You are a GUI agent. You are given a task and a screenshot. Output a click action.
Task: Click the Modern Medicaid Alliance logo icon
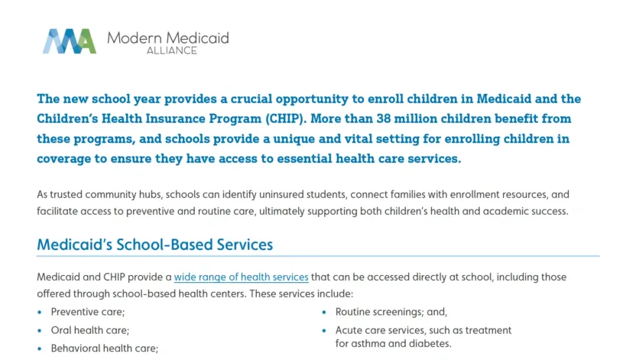tap(69, 41)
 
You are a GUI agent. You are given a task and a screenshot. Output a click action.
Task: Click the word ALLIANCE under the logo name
tap(171, 50)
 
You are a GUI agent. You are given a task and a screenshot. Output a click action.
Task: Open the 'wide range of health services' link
tap(241, 277)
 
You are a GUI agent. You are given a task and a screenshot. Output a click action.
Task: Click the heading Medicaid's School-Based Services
tap(154, 245)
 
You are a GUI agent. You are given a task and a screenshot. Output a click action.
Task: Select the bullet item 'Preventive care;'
tap(87, 312)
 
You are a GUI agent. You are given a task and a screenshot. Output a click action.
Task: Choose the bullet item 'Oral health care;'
tap(89, 330)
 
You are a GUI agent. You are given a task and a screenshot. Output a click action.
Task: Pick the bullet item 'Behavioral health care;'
tap(104, 349)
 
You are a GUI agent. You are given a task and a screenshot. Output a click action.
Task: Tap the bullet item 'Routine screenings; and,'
tap(391, 312)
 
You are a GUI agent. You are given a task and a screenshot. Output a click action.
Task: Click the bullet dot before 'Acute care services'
tap(325, 331)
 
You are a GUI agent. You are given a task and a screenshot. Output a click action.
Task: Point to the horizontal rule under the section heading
tap(317, 256)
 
